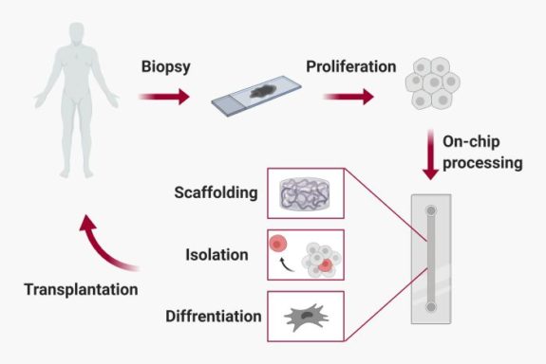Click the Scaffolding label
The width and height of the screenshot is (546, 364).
[215, 193]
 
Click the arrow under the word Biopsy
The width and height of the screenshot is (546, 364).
[163, 96]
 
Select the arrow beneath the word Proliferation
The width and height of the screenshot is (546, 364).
[348, 96]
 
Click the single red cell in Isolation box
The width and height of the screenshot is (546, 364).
[278, 244]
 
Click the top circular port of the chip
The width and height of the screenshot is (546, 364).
[431, 209]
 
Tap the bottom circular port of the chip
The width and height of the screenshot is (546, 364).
[431, 307]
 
